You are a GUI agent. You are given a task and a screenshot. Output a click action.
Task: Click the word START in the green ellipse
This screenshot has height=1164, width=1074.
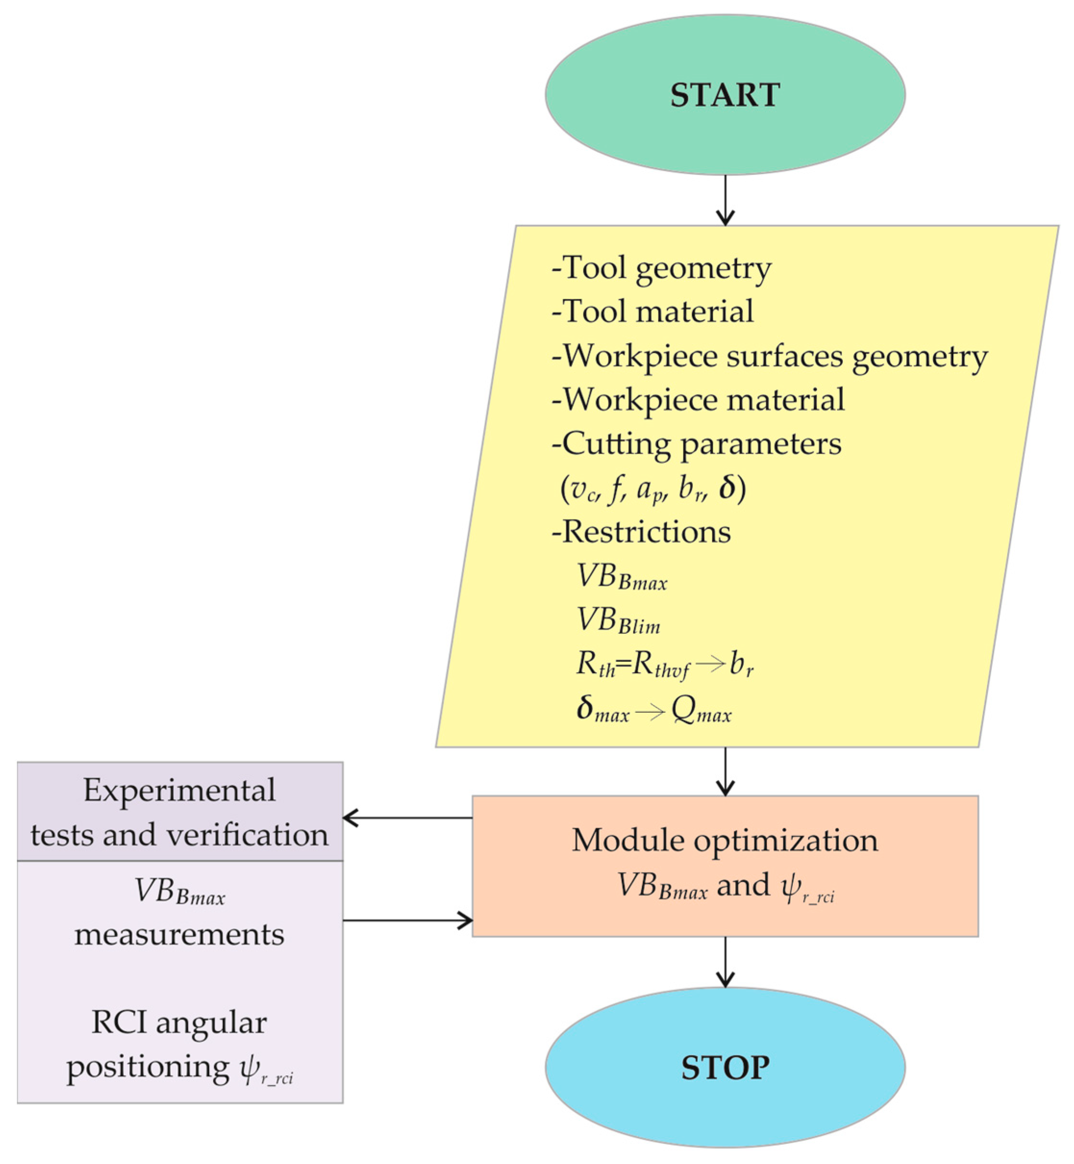725,95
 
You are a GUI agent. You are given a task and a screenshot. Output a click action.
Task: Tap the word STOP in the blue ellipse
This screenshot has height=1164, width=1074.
725,1067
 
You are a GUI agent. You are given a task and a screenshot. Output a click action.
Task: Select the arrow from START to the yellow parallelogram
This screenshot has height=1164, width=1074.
725,200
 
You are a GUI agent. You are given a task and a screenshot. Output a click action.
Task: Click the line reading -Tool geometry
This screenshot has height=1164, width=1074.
661,269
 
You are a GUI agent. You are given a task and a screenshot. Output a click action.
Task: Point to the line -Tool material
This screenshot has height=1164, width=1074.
652,312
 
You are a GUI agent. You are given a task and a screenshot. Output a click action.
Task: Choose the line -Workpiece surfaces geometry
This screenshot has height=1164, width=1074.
769,356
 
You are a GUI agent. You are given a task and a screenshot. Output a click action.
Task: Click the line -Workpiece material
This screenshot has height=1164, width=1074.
697,400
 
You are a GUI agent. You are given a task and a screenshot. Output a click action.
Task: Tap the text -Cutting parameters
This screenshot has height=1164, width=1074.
696,444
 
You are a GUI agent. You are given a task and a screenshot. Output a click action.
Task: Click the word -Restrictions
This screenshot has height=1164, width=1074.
641,532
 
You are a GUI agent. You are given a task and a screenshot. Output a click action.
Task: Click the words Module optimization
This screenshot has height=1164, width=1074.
725,841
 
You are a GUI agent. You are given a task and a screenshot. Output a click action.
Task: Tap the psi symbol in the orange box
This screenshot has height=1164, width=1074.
791,886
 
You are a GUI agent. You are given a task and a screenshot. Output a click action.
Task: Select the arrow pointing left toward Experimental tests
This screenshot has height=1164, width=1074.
407,818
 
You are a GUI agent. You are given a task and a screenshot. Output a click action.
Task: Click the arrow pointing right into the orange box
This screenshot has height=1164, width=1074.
407,920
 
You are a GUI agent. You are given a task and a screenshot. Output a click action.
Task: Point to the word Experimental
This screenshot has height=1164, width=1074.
179,791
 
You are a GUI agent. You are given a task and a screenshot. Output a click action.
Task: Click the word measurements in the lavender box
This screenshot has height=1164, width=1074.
179,935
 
